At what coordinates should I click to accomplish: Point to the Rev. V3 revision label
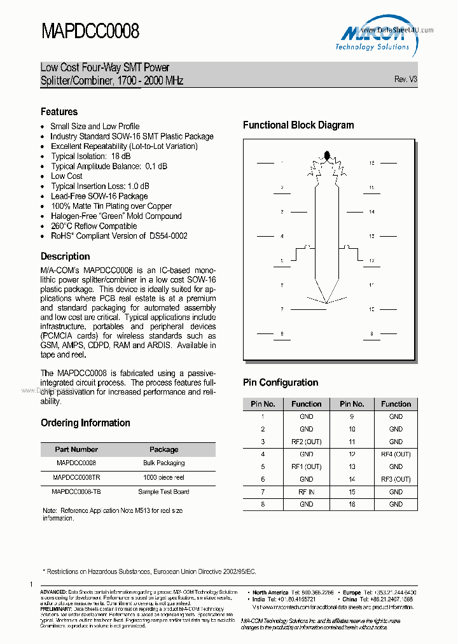(x=405, y=80)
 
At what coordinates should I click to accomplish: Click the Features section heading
(x=59, y=112)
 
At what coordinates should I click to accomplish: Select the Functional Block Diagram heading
(x=298, y=125)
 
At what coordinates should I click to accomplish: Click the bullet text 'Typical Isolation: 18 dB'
(x=91, y=157)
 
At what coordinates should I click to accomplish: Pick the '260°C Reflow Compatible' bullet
(x=94, y=226)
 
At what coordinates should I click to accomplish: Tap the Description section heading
(x=65, y=256)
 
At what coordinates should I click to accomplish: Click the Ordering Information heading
(x=85, y=423)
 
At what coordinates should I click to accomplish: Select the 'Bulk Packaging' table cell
(x=163, y=463)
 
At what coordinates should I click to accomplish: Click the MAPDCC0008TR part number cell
(x=76, y=477)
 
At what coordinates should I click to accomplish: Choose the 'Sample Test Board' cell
(x=163, y=492)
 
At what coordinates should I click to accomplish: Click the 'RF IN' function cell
(x=306, y=492)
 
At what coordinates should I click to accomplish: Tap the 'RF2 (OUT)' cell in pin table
(x=306, y=442)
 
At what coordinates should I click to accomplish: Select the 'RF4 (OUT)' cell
(x=396, y=454)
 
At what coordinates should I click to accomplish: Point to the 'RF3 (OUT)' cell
(x=396, y=479)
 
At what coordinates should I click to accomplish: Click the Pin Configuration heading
(x=281, y=382)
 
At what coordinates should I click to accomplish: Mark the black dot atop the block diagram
(x=328, y=155)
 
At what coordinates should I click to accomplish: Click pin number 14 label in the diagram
(x=371, y=212)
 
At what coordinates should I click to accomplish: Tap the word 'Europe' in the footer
(x=351, y=592)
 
